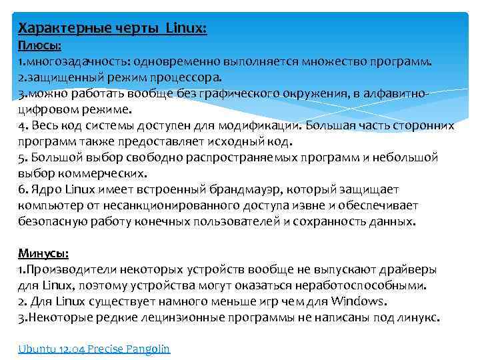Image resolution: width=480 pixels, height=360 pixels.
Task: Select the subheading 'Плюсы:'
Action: [39, 45]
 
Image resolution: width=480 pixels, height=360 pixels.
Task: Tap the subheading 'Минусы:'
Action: [43, 253]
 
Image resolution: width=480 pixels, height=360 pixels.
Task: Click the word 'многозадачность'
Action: [76, 61]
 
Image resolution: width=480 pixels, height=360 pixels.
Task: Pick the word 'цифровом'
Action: [45, 109]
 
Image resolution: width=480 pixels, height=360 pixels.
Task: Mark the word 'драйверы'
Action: [409, 269]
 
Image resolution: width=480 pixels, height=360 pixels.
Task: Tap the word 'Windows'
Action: [359, 301]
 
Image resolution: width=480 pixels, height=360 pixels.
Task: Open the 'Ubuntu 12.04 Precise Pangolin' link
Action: [94, 348]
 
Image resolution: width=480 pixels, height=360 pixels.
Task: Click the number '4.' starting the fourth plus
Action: [23, 125]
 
